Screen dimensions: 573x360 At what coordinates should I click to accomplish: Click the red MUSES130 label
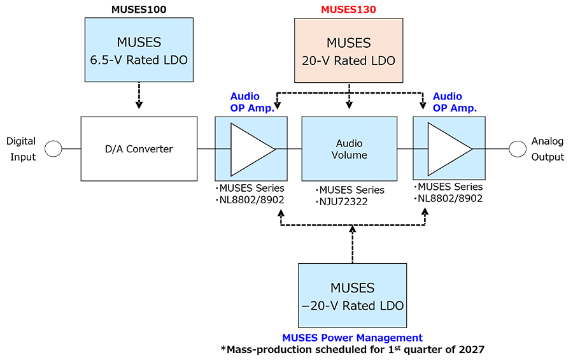(348, 9)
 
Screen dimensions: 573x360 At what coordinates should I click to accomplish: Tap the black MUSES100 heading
(139, 9)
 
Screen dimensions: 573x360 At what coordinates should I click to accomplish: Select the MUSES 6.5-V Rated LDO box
(139, 50)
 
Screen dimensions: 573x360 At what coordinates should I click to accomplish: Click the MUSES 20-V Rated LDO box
(349, 50)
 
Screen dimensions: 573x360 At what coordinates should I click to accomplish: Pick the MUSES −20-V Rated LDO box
(352, 296)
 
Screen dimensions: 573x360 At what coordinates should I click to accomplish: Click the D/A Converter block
(139, 149)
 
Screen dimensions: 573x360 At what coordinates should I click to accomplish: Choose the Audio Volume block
(350, 149)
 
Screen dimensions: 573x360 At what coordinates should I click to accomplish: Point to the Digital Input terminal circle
(53, 149)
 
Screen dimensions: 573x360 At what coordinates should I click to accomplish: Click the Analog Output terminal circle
(518, 149)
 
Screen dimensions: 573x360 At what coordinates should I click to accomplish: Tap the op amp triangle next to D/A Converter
(253, 149)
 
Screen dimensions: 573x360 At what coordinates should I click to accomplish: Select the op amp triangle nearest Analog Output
(450, 149)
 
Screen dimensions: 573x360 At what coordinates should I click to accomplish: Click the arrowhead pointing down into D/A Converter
(139, 105)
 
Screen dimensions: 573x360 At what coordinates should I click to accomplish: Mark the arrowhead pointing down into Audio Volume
(350, 105)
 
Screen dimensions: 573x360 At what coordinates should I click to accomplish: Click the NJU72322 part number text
(344, 202)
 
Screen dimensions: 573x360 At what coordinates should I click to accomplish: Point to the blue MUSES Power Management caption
(352, 338)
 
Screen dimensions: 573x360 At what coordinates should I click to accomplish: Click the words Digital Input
(22, 149)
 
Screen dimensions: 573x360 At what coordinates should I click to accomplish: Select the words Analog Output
(548, 149)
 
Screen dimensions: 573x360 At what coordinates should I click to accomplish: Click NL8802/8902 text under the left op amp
(251, 200)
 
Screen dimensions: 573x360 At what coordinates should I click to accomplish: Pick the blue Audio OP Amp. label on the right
(455, 102)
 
